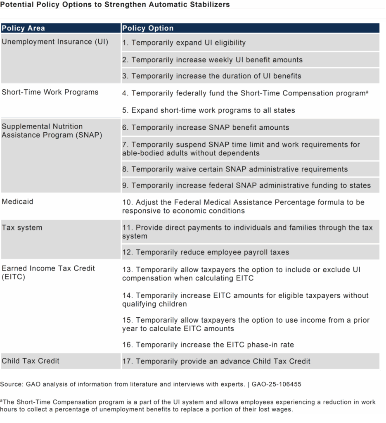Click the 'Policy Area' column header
coord(23,29)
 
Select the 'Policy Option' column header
coord(148,29)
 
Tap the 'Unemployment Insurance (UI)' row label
coord(55,42)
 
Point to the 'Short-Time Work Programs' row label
coord(50,92)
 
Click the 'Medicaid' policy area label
coord(17,202)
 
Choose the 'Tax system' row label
coord(22,228)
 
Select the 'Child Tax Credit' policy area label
coord(31,361)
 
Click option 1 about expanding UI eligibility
coord(184,43)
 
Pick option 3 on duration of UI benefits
coord(211,76)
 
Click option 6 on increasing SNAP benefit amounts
coord(206,128)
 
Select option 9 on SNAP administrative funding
coord(246,185)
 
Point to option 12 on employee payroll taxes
coord(206,252)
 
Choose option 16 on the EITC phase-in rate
coord(208,345)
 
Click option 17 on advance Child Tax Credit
coord(216,361)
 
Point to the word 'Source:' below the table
coord(12,384)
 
